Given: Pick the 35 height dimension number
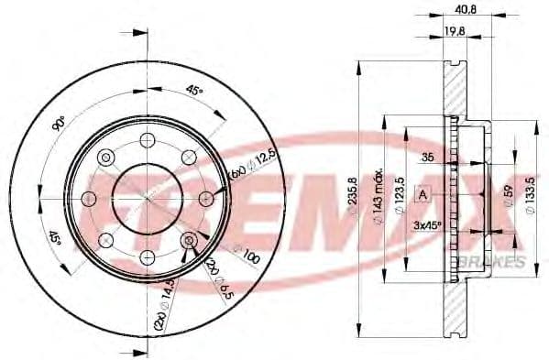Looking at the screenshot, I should click(x=427, y=158).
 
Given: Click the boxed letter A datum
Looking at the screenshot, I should click(x=423, y=193).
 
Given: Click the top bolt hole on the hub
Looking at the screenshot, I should click(x=145, y=139).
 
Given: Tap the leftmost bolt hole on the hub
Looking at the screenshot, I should click(x=90, y=197).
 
